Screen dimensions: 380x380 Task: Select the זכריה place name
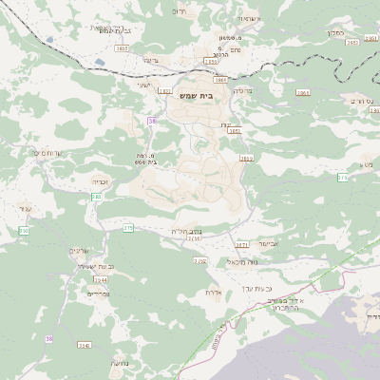(102, 180)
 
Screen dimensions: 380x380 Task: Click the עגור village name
(26, 208)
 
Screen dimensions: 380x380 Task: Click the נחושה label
(120, 364)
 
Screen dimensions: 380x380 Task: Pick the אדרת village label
(214, 293)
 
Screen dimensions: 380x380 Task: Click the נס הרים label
(359, 99)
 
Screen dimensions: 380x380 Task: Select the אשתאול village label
(246, 19)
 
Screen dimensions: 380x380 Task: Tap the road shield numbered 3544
(101, 280)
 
